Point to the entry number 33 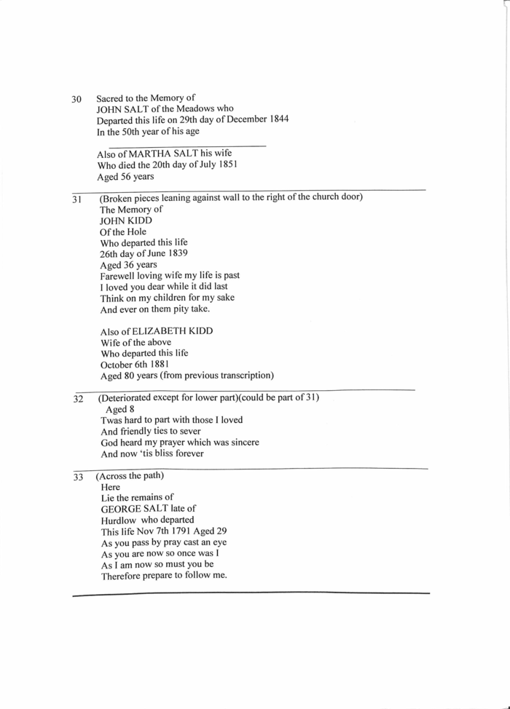(x=78, y=478)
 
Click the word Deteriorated (x=130, y=398)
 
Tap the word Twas (x=113, y=420)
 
